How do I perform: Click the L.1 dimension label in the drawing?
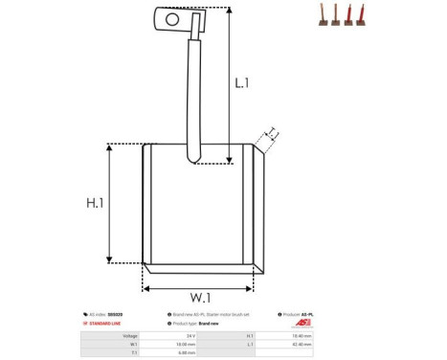242,83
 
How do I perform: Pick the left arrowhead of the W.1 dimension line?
146,285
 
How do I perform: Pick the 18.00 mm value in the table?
191,345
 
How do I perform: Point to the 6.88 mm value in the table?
191,353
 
